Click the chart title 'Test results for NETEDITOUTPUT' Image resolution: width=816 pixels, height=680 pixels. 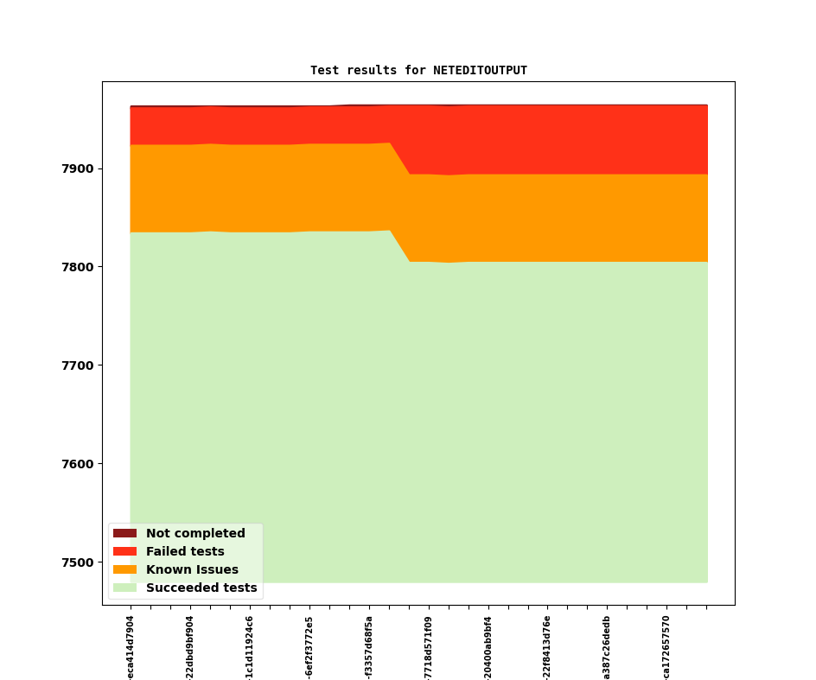[418, 71]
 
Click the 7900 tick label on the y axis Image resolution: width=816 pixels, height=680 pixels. [80, 168]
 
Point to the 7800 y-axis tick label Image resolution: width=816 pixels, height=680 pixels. [80, 267]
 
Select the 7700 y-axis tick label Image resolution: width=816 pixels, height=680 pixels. [80, 365]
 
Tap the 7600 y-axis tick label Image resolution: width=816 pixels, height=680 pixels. [80, 464]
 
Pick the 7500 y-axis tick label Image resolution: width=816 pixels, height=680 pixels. [80, 562]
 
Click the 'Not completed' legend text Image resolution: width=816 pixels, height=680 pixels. [195, 534]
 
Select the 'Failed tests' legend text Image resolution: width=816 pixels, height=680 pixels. [185, 552]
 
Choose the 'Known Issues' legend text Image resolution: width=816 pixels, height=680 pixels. [192, 570]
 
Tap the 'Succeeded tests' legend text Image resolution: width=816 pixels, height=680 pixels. [201, 588]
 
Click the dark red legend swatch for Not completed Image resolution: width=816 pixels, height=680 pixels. [124, 534]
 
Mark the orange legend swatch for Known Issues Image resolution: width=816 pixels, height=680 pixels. [124, 570]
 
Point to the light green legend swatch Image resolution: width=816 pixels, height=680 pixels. [124, 588]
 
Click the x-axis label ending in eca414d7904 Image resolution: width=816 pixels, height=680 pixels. [131, 647]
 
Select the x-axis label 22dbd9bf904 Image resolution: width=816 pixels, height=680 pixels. [190, 647]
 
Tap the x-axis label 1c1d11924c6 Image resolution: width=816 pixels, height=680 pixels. [250, 647]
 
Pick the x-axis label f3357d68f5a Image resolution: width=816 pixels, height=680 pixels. [369, 647]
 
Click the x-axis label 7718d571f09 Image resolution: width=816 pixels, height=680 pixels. [429, 647]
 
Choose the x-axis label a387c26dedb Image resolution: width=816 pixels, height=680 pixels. [607, 647]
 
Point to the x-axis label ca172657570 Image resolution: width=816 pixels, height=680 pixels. [666, 647]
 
